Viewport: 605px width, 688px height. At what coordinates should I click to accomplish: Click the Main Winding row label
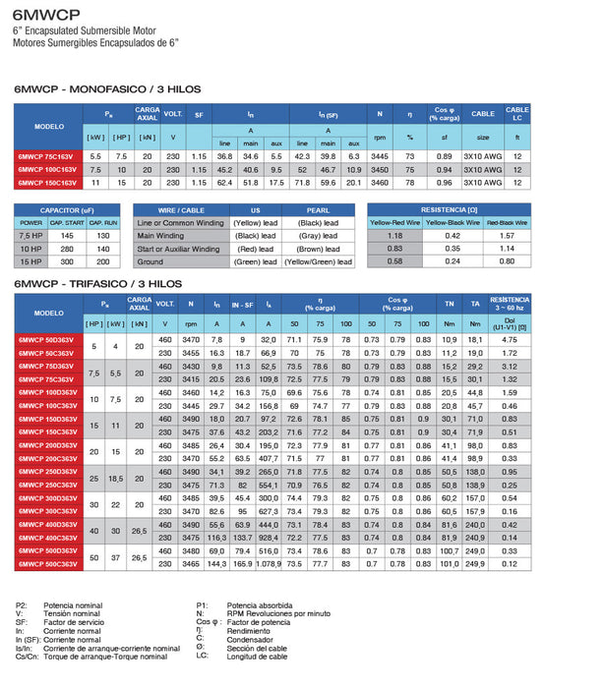(x=165, y=236)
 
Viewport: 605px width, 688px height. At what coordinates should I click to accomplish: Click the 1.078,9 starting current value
(x=268, y=565)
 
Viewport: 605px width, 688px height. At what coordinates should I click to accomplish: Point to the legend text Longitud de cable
(x=257, y=656)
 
